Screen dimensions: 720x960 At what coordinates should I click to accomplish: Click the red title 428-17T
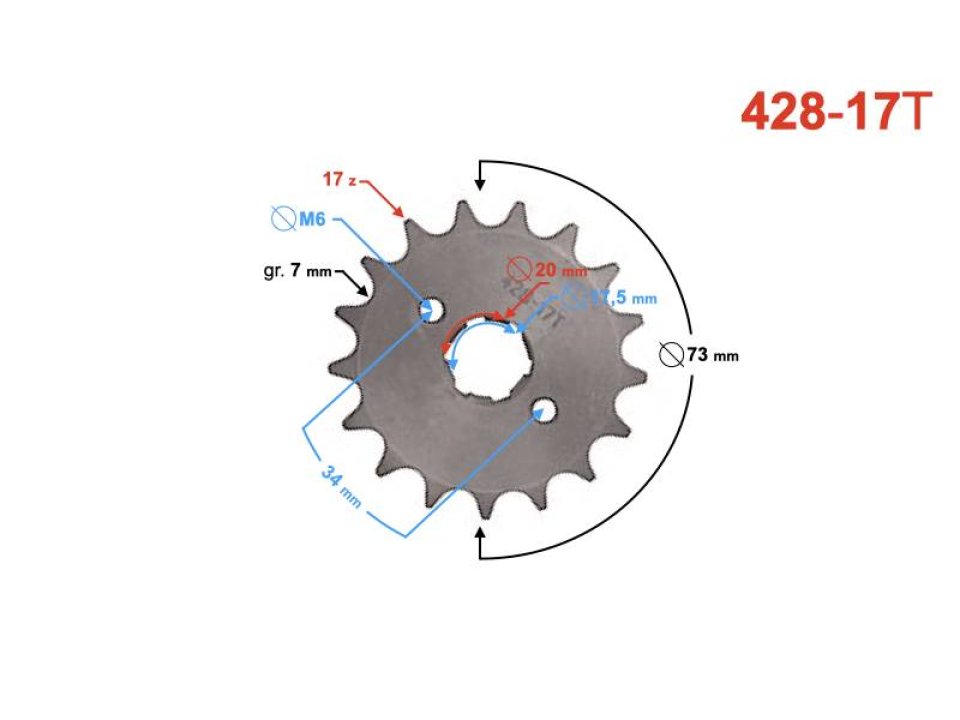(836, 113)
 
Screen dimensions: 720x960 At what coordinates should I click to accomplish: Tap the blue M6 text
(313, 219)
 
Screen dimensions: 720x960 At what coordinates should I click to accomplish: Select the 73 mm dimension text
(712, 355)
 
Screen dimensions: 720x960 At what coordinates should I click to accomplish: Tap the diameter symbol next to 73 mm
(672, 354)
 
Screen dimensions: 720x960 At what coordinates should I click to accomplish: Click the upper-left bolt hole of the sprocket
(432, 310)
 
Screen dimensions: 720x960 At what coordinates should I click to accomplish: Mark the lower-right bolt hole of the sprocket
(544, 409)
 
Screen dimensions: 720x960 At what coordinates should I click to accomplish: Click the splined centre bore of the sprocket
(486, 359)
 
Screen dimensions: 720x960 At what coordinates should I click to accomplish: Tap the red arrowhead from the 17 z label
(400, 212)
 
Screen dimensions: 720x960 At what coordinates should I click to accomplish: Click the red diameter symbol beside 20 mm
(518, 269)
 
